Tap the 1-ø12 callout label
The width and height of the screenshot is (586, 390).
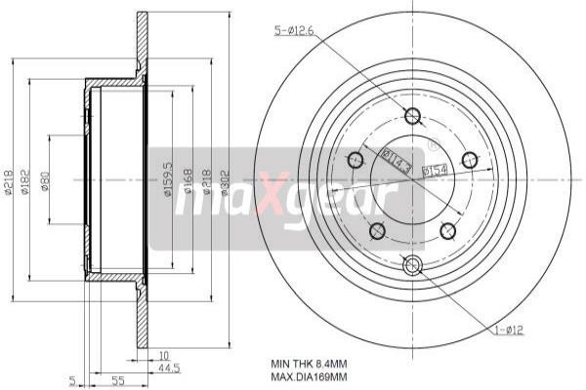pyautogui.click(x=508, y=330)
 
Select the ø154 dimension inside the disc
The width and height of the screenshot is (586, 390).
pyautogui.click(x=435, y=170)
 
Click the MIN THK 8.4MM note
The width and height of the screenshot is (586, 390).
pyautogui.click(x=305, y=363)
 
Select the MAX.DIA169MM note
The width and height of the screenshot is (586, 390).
pyautogui.click(x=309, y=375)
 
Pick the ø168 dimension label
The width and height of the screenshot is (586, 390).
pyautogui.click(x=188, y=179)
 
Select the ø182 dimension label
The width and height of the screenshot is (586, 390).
pyautogui.click(x=27, y=180)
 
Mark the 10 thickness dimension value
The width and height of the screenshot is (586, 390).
pyautogui.click(x=163, y=355)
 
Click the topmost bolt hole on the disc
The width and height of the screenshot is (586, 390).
pyautogui.click(x=412, y=117)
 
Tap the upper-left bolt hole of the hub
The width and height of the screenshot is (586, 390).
pyautogui.click(x=356, y=160)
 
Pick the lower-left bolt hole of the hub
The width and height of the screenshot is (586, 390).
pyautogui.click(x=377, y=230)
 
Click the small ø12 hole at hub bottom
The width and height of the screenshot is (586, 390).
pyautogui.click(x=412, y=264)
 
